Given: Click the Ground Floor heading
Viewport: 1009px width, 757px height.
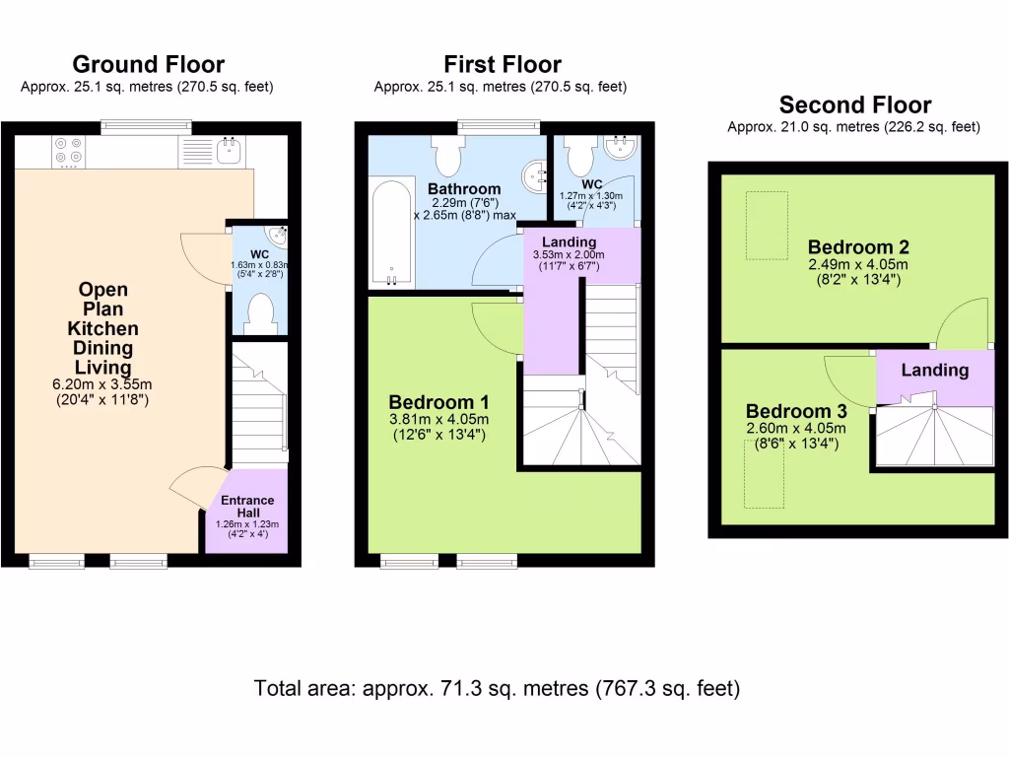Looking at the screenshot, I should pos(148,65).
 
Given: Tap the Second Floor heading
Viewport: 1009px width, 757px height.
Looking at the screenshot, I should pos(854,104).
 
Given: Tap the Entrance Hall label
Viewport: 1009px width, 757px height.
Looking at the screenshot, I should pos(247,501).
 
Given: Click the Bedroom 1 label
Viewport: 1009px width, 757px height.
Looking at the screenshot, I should pos(438,402).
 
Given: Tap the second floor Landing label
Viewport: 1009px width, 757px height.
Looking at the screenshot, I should pos(934,371).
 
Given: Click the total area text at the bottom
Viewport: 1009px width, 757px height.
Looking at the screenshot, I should pos(497,688).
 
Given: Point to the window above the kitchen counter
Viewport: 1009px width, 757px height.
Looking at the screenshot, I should pos(146,126).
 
